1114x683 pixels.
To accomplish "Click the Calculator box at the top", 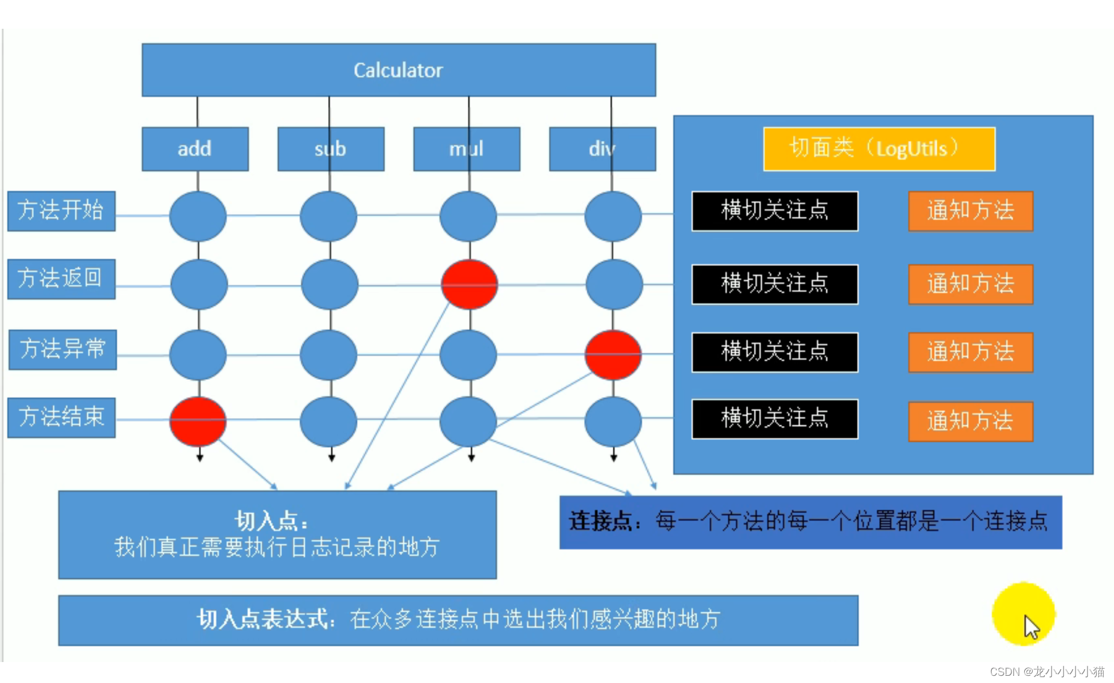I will click(398, 70).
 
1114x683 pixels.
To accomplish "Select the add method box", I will click(195, 149).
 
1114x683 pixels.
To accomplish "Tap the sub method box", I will click(331, 149).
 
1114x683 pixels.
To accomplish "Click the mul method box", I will click(466, 149).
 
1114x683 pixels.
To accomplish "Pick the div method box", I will click(602, 149).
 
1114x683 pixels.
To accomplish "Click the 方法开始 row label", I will click(61, 211).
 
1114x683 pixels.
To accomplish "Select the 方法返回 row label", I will click(61, 279).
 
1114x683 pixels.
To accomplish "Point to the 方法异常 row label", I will click(62, 349).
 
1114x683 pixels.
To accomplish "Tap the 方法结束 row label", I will click(61, 417).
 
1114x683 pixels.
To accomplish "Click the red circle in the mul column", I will click(469, 285).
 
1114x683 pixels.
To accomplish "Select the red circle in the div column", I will click(613, 355).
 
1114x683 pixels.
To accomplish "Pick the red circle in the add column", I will click(198, 421).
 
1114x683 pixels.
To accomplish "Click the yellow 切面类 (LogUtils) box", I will click(879, 149).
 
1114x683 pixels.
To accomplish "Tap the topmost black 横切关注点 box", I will click(774, 211).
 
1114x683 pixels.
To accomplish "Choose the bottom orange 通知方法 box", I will click(970, 421).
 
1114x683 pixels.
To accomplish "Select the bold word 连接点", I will click(600, 521).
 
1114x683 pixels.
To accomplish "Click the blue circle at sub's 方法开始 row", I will click(328, 216).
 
